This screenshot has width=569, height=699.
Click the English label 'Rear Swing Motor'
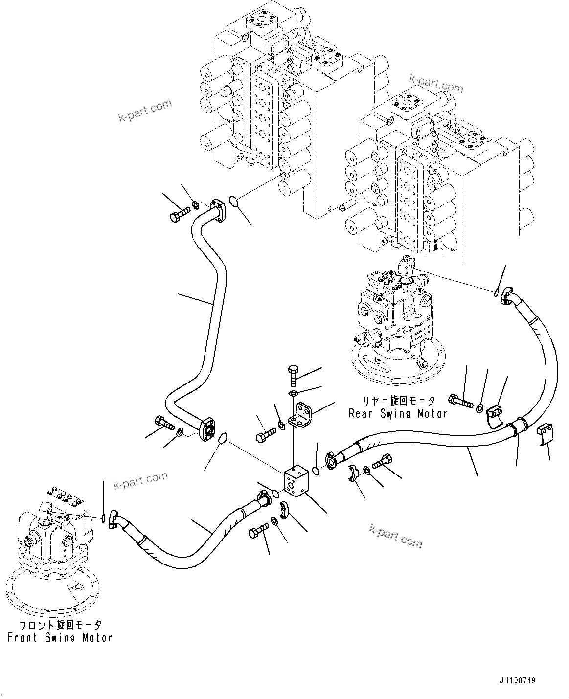[x=398, y=413]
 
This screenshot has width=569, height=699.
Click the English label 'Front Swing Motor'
[x=60, y=638]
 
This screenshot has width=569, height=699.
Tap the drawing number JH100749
[x=519, y=681]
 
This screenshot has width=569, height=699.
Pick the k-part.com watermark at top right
[x=436, y=84]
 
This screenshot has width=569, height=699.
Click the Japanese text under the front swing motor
[x=60, y=625]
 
